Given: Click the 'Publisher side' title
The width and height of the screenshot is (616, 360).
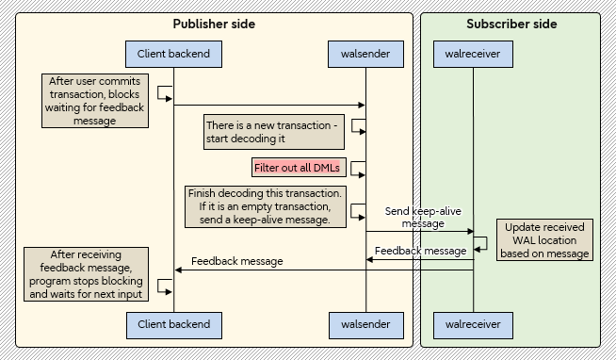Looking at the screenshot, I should click(214, 24).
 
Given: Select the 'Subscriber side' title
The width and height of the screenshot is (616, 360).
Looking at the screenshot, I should click(511, 24).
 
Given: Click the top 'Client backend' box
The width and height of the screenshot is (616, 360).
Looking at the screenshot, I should click(173, 54).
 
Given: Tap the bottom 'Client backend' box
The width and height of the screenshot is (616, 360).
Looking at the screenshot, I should click(173, 324).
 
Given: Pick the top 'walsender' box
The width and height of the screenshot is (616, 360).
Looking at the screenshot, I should click(365, 54).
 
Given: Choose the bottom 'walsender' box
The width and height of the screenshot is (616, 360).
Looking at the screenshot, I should click(365, 324).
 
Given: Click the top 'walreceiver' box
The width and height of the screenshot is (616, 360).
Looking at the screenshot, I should click(473, 54).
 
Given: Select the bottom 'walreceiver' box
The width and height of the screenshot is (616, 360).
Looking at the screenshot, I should click(473, 324).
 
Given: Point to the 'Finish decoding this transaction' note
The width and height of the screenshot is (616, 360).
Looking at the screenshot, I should click(267, 206).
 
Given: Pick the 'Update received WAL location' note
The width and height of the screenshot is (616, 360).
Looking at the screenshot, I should click(544, 240).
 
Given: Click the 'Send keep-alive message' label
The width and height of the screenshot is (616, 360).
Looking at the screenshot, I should click(423, 218).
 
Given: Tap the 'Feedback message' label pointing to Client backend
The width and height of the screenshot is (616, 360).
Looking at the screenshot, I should click(236, 261).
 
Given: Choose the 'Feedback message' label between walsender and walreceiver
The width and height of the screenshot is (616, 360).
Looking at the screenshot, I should click(420, 251).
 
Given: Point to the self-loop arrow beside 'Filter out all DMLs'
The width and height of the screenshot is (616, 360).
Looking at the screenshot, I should click(358, 168).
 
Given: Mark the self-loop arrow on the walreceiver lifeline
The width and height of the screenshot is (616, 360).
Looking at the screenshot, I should click(481, 242).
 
